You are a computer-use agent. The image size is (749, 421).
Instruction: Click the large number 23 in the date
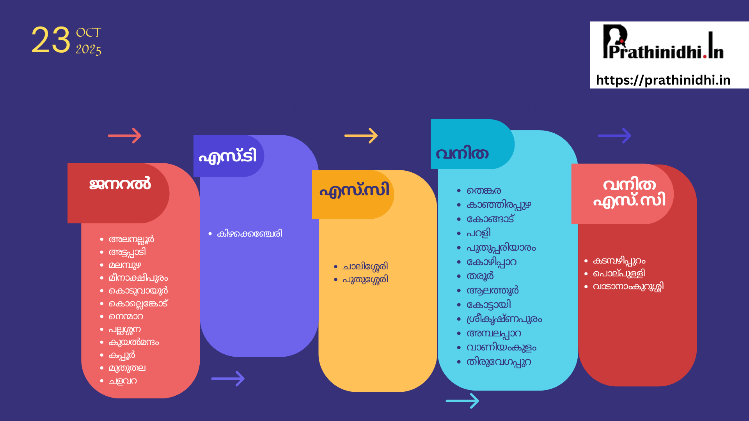tap(51, 40)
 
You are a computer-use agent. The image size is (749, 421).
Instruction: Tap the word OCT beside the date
tap(89, 32)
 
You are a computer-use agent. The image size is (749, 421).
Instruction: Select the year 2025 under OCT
tap(89, 50)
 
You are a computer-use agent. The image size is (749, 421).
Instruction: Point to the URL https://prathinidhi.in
tap(663, 80)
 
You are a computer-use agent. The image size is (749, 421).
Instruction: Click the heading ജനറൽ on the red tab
tap(120, 184)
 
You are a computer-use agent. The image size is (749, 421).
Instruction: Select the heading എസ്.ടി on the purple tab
tap(228, 156)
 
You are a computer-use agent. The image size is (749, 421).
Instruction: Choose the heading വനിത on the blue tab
tap(462, 154)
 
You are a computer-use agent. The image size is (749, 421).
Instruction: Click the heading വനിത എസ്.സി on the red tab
tap(629, 193)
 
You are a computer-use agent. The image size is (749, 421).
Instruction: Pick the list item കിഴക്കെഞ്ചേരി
tap(250, 233)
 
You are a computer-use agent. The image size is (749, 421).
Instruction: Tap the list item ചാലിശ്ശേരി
tap(365, 267)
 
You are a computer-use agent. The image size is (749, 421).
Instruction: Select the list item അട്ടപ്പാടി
tap(127, 252)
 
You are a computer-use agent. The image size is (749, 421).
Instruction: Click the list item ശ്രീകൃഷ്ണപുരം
tap(504, 319)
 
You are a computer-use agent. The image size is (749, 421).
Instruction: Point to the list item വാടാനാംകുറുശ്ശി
tap(628, 287)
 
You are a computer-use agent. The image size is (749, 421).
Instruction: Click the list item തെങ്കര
tap(484, 191)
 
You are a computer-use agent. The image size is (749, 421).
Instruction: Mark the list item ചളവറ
tap(123, 381)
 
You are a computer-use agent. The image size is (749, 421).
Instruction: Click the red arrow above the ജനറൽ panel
tap(124, 136)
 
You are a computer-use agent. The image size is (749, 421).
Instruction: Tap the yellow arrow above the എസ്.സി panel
tap(361, 136)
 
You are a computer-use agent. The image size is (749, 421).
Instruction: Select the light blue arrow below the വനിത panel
tap(462, 401)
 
